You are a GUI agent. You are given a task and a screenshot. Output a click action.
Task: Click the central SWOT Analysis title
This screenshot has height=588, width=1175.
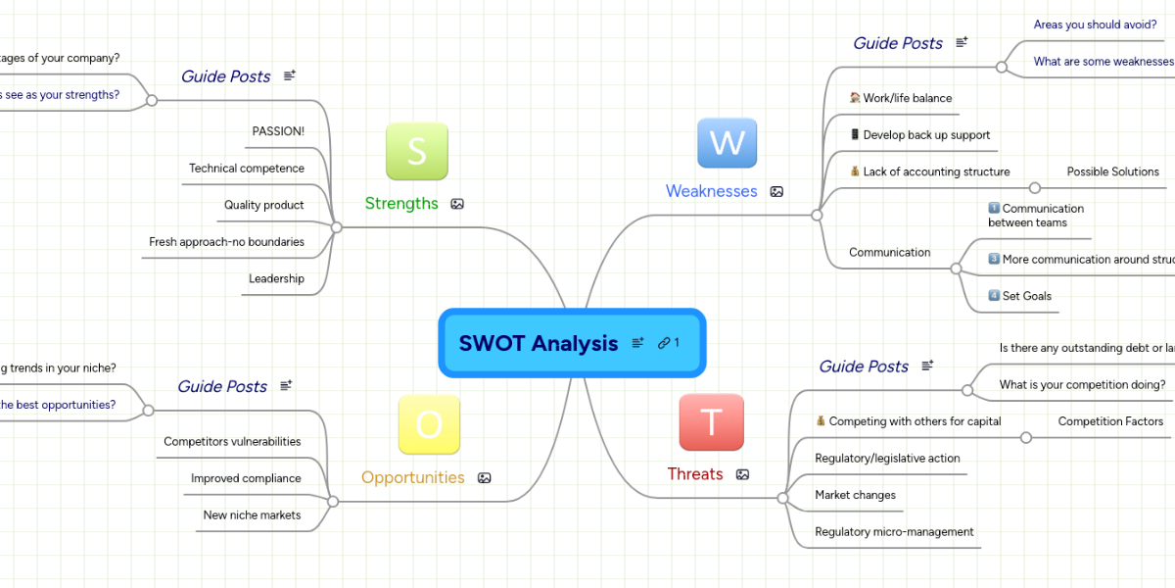[x=539, y=343]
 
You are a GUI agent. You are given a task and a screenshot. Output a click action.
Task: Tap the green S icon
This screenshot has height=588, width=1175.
[x=416, y=151]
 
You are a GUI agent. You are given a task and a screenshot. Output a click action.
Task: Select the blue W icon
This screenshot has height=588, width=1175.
[x=727, y=143]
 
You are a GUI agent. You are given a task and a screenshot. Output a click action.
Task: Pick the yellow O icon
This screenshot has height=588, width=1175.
[x=429, y=425]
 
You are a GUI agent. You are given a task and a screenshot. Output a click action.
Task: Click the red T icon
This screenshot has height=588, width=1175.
[x=711, y=422]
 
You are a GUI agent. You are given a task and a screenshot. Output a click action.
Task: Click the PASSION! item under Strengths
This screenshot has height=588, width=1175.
[x=278, y=131]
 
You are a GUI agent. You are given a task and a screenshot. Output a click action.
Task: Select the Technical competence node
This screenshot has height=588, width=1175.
[x=247, y=169]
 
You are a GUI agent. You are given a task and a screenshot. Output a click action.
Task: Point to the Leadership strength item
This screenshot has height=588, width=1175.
[x=276, y=279]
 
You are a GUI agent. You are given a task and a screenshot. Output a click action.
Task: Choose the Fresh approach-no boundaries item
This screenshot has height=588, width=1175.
[x=226, y=242]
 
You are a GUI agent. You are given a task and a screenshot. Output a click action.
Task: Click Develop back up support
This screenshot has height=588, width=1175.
[x=926, y=135]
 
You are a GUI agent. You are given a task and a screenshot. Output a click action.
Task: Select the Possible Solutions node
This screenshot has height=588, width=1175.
[x=1112, y=172]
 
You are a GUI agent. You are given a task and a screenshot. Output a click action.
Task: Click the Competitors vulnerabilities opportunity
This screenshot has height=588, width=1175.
[x=232, y=442]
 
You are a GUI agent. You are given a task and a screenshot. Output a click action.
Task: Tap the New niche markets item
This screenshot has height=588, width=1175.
[x=252, y=515]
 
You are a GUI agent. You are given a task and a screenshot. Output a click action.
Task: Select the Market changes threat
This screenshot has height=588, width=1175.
[x=855, y=496]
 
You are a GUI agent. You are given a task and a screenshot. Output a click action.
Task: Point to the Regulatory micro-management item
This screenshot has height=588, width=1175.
[x=894, y=532]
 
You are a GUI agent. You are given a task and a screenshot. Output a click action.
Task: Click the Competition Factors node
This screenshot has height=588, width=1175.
[x=1110, y=421]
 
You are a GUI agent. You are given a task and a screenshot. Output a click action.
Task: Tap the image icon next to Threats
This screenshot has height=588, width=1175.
[x=742, y=474]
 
